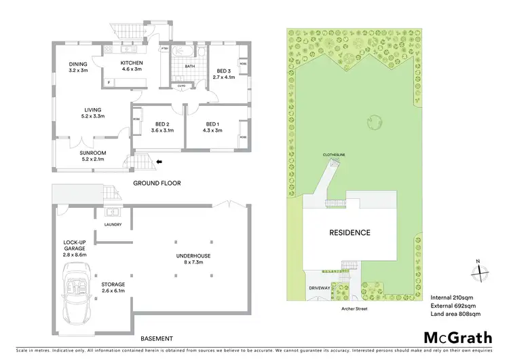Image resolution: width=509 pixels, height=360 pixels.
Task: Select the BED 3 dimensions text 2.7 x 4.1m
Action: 224,77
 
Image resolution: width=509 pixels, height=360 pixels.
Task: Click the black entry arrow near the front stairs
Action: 159,162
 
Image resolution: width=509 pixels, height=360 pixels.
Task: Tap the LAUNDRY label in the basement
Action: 113,224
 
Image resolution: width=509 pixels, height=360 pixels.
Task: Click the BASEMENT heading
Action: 157,338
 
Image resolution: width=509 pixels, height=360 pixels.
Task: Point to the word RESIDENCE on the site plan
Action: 350,232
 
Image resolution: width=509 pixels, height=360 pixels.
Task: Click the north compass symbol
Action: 479,270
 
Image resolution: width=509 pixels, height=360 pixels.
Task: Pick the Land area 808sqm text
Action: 456,314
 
